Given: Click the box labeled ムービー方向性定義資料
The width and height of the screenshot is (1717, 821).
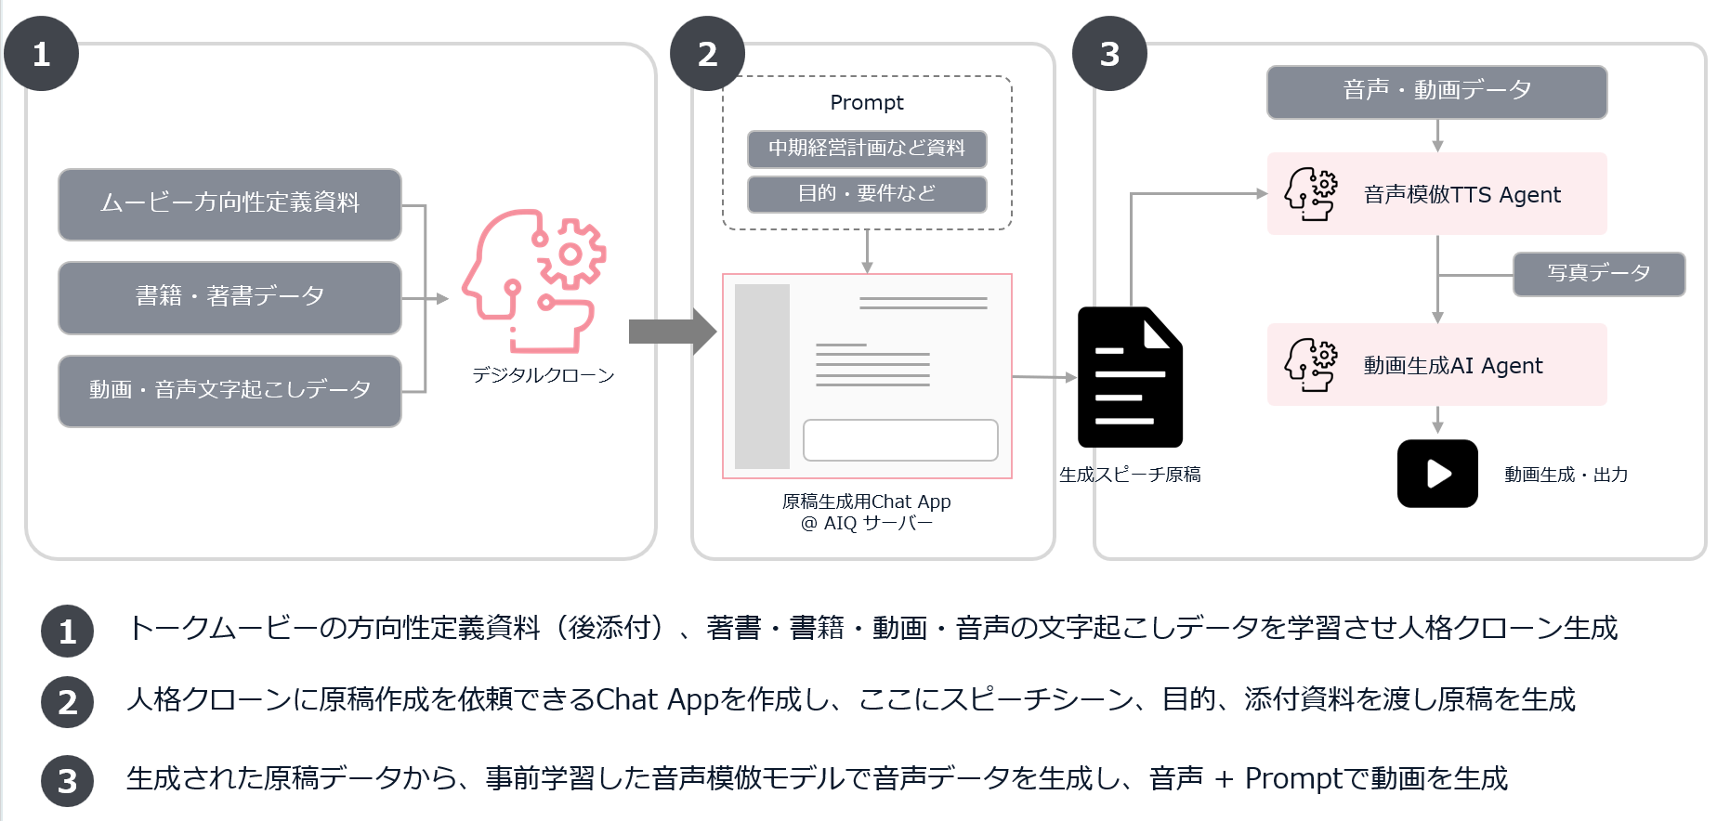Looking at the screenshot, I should coord(229,203).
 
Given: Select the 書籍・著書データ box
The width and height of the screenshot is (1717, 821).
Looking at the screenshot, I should coord(229,297).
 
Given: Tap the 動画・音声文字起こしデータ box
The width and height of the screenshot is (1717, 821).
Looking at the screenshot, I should coord(229,390).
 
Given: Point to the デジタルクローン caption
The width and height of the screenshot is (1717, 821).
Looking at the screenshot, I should coord(544,375).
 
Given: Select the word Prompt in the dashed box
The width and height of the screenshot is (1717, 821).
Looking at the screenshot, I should coord(866,102).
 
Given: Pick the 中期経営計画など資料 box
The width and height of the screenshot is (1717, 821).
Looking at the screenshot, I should coord(866,149).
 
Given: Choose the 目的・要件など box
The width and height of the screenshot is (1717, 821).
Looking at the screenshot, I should coord(866,193).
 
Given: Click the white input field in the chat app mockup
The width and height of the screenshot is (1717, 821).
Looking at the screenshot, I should coord(899,439).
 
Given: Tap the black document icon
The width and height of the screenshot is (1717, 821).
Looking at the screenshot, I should coord(1129,377).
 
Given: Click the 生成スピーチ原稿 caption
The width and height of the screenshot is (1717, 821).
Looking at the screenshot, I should coord(1130,475).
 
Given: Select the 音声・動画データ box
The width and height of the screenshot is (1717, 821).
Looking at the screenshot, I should coord(1436,91).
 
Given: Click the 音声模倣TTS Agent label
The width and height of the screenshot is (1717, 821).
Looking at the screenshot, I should coord(1461,195).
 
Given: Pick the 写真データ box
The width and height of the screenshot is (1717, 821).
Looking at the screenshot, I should coord(1598,273).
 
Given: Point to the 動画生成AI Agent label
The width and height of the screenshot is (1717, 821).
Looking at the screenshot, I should coord(1452,366).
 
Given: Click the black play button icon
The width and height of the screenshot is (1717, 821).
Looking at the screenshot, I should coord(1437,474).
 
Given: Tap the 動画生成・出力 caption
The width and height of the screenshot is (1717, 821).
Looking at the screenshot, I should coord(1566,475).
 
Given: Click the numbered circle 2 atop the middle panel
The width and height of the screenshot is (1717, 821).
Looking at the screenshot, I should coord(707,54).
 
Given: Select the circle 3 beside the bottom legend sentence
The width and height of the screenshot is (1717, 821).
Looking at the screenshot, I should coord(67,781).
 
